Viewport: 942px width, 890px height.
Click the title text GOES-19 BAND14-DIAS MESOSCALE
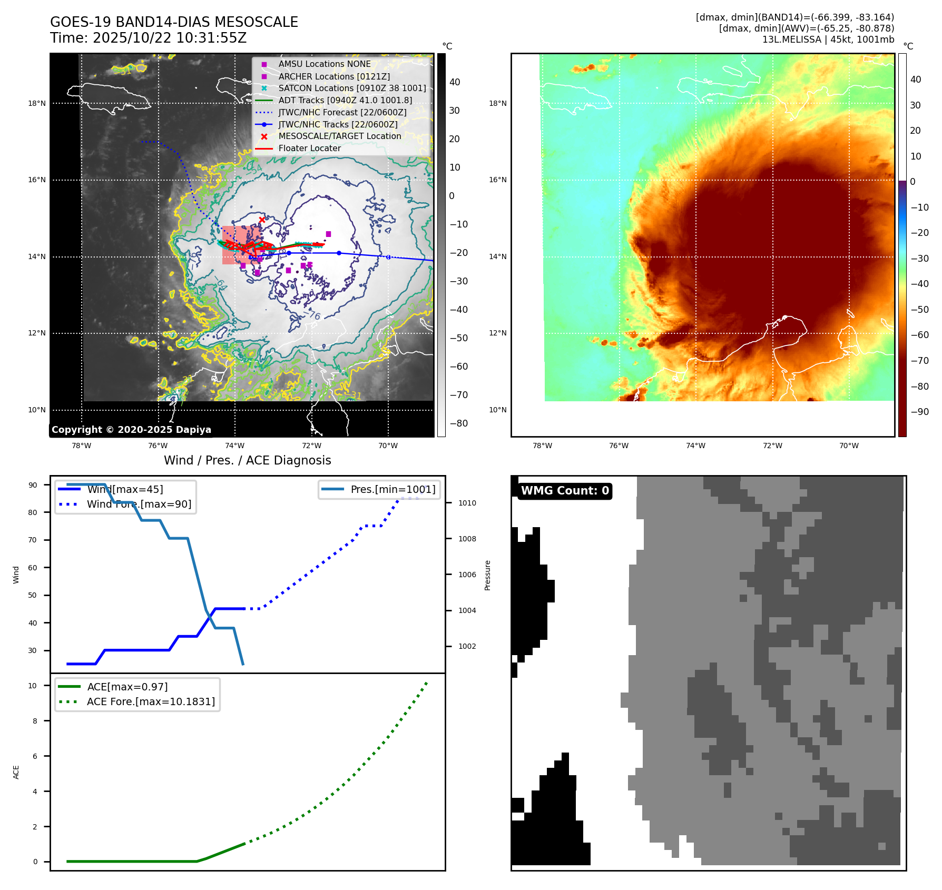tap(174, 22)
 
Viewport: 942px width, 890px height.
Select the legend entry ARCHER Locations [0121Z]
tap(334, 76)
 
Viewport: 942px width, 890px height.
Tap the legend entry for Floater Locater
tap(309, 149)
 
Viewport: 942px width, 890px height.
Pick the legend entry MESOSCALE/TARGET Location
tap(339, 136)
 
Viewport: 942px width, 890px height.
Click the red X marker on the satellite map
tap(262, 220)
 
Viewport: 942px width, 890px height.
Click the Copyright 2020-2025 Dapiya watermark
tap(131, 430)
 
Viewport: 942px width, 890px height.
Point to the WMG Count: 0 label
tap(565, 491)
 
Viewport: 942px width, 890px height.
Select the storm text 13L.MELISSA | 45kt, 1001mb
tap(828, 39)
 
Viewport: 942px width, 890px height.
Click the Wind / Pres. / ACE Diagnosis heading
tap(248, 460)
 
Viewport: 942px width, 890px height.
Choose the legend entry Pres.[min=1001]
tap(393, 490)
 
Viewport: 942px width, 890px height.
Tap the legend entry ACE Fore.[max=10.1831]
tap(151, 702)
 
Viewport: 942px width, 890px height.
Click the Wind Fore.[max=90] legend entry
tap(139, 505)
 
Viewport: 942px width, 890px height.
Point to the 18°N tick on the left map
tap(37, 103)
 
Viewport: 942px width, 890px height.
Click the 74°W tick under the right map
tap(695, 446)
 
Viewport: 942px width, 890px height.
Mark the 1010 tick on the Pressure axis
tap(467, 503)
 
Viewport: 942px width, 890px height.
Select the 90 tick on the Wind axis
tap(33, 485)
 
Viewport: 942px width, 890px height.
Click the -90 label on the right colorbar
tap(920, 412)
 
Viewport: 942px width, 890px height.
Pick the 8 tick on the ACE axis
tap(35, 721)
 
